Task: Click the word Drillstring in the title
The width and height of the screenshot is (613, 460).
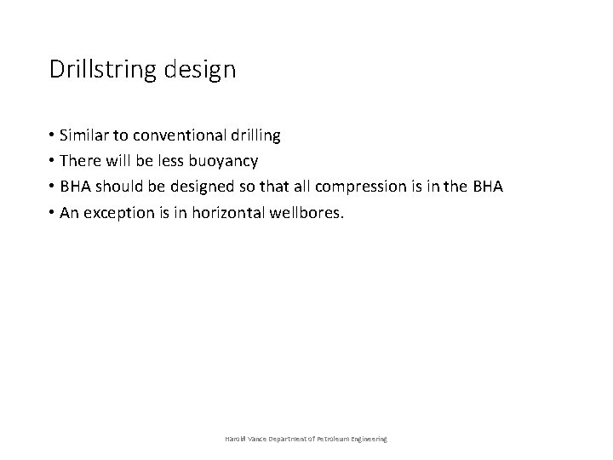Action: pyautogui.click(x=100, y=70)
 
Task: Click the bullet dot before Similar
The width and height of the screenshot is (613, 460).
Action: pyautogui.click(x=53, y=135)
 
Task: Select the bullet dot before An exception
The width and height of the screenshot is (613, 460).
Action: pyautogui.click(x=53, y=212)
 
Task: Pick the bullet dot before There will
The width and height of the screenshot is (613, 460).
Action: pyautogui.click(x=53, y=160)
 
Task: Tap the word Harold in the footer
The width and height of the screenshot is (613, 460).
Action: pyautogui.click(x=235, y=438)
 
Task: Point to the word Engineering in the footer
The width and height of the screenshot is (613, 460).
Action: pyautogui.click(x=367, y=438)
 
